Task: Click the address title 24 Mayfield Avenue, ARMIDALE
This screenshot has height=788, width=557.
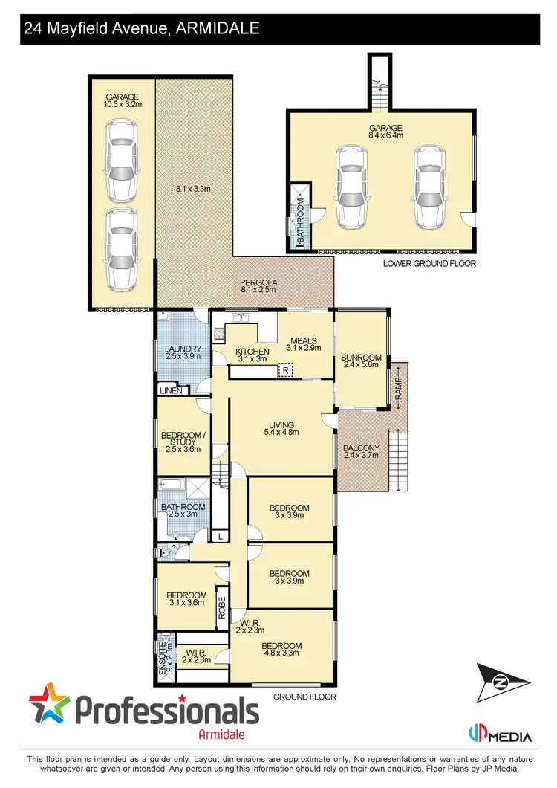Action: [x=141, y=29]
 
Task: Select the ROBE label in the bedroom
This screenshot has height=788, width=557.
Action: [x=221, y=610]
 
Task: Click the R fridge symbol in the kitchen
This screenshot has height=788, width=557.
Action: [x=284, y=369]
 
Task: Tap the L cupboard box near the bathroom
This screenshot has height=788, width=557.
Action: [x=220, y=535]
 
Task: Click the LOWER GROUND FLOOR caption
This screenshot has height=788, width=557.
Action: [x=429, y=264]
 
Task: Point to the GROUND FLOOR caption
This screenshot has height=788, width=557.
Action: [x=304, y=697]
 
